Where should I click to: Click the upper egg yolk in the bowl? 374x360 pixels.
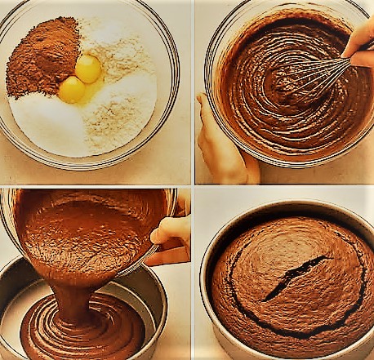click(87, 67)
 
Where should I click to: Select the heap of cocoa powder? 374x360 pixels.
click(42, 59)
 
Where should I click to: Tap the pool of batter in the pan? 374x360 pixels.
click(82, 331)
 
